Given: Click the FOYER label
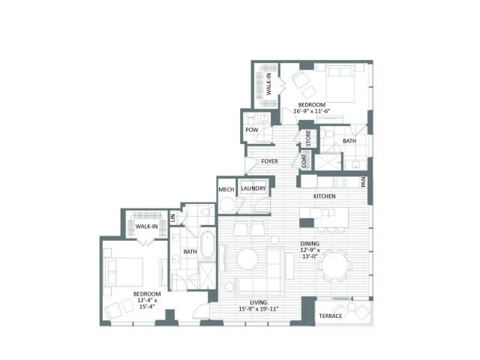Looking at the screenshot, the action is coord(269,161).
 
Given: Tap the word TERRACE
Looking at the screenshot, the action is coord(330,316).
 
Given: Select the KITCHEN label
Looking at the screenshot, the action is coord(324,196).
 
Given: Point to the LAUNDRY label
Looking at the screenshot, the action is coord(253,188).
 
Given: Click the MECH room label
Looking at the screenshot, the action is coord(226,190).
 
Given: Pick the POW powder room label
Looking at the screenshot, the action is coord(252,130).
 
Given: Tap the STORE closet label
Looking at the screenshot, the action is coord(308,138).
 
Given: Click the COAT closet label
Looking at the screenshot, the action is coord(304,160).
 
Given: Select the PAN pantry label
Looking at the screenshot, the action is coord(363,182).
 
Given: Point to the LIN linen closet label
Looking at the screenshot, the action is coord(172,217).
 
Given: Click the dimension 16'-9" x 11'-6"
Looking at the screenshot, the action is coord(312,111).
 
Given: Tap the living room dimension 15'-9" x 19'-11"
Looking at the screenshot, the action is coord(258,308).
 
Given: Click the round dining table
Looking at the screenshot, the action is coord(335,265).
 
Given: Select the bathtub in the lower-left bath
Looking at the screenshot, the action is coord(208,245).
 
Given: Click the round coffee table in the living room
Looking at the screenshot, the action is coord(247,259).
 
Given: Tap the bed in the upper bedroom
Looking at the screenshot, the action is coord(340,83).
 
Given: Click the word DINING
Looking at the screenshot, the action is coord(310,244).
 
